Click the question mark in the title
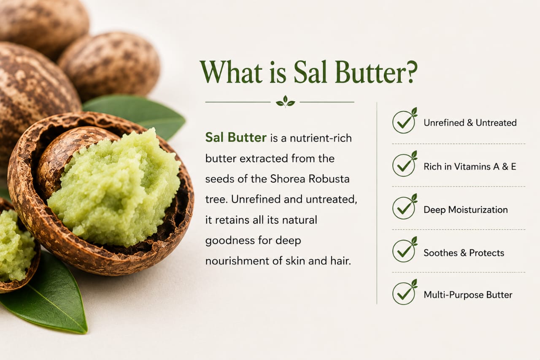(x=409, y=72)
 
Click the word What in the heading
(x=232, y=72)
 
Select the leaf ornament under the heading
(x=286, y=102)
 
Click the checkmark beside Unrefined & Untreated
(x=404, y=121)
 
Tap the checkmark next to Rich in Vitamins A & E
(x=404, y=164)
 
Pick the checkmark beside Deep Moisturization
(x=404, y=207)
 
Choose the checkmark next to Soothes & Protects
(x=404, y=250)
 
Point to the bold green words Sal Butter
(x=236, y=138)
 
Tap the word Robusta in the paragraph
(x=329, y=179)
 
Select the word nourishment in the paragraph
(x=237, y=261)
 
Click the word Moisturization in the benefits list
(x=478, y=210)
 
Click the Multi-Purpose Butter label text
(x=468, y=295)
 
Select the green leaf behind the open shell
(x=140, y=114)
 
